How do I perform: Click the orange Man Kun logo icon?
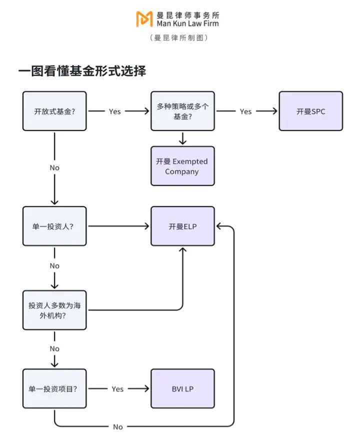[144, 19]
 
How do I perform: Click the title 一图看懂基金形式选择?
[82, 71]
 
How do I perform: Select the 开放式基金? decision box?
[54, 111]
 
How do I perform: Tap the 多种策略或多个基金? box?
[182, 111]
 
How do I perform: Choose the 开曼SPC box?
[310, 111]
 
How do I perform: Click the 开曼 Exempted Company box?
[182, 166]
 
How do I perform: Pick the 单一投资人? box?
[54, 226]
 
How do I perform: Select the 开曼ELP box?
[182, 226]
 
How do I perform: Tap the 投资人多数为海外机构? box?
[54, 310]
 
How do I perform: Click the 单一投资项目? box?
[54, 388]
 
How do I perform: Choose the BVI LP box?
[182, 388]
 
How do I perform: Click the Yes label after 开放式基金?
[115, 111]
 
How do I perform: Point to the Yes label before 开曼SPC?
[245, 111]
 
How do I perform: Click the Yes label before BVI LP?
[117, 388]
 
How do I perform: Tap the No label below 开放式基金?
[54, 167]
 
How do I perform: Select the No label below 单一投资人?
[54, 266]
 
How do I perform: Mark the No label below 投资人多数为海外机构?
[54, 348]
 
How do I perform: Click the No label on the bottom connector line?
[118, 426]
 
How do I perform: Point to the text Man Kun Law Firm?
[187, 23]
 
